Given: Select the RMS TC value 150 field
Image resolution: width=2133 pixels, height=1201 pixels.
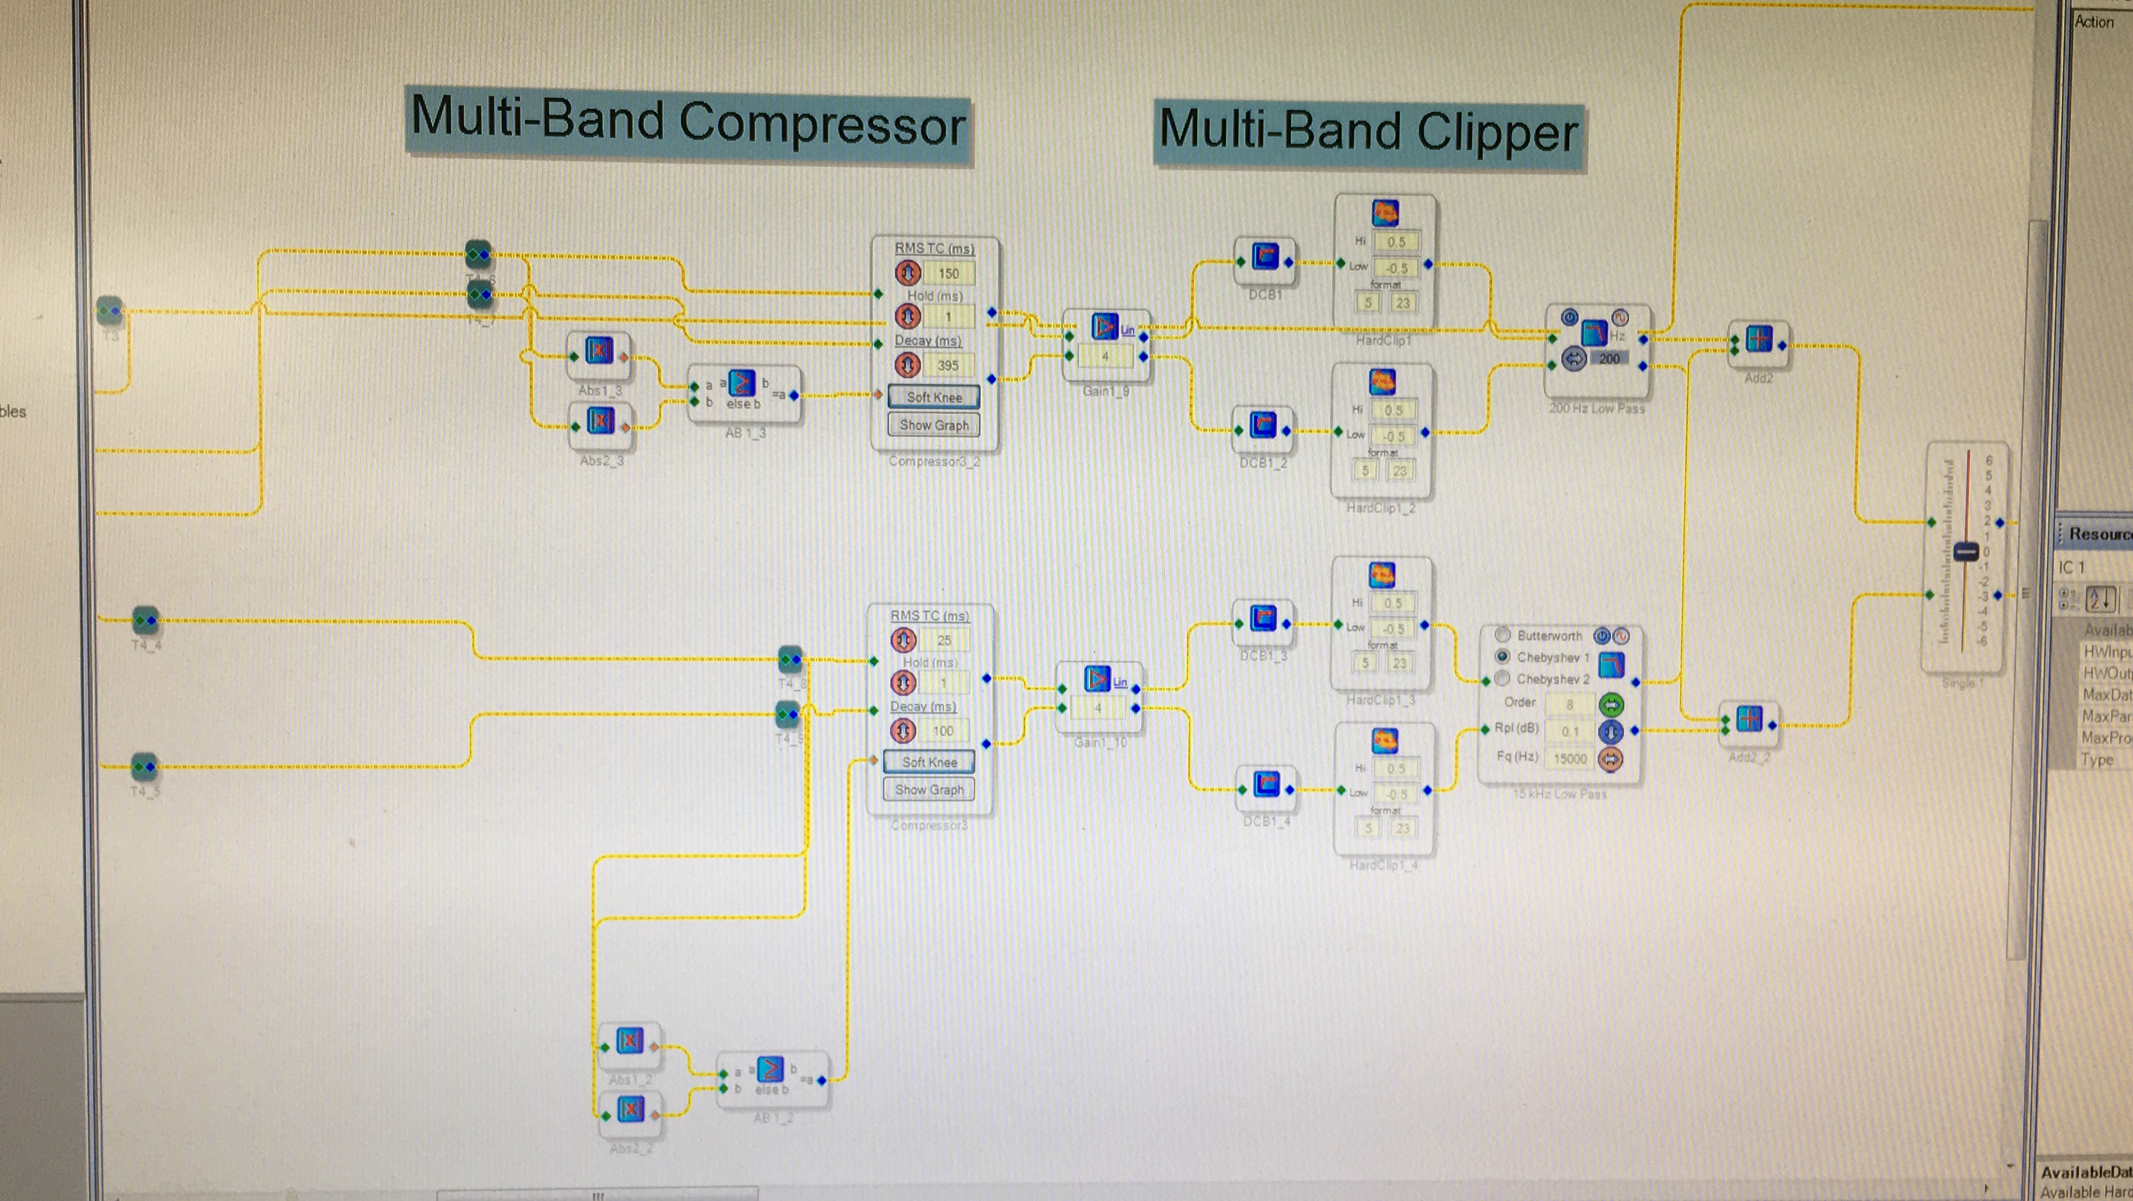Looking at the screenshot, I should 948,273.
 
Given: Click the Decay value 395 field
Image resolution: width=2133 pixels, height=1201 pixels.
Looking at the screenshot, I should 947,365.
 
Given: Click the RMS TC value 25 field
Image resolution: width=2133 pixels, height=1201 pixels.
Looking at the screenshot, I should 944,640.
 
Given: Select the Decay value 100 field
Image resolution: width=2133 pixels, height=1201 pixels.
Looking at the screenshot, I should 943,731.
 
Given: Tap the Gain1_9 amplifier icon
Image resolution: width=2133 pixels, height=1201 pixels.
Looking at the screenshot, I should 1104,327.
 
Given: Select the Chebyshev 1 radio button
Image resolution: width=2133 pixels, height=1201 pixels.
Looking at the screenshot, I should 1502,657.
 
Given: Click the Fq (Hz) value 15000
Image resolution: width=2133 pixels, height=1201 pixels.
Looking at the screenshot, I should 1570,759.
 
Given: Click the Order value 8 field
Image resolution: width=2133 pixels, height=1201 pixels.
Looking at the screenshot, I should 1569,705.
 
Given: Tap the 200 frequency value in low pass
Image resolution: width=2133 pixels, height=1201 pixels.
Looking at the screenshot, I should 1609,359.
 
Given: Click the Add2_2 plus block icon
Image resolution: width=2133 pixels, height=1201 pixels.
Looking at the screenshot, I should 1749,719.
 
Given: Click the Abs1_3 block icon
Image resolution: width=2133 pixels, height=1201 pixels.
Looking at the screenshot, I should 599,351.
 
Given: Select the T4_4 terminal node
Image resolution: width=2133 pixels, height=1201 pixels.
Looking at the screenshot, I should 145,619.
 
